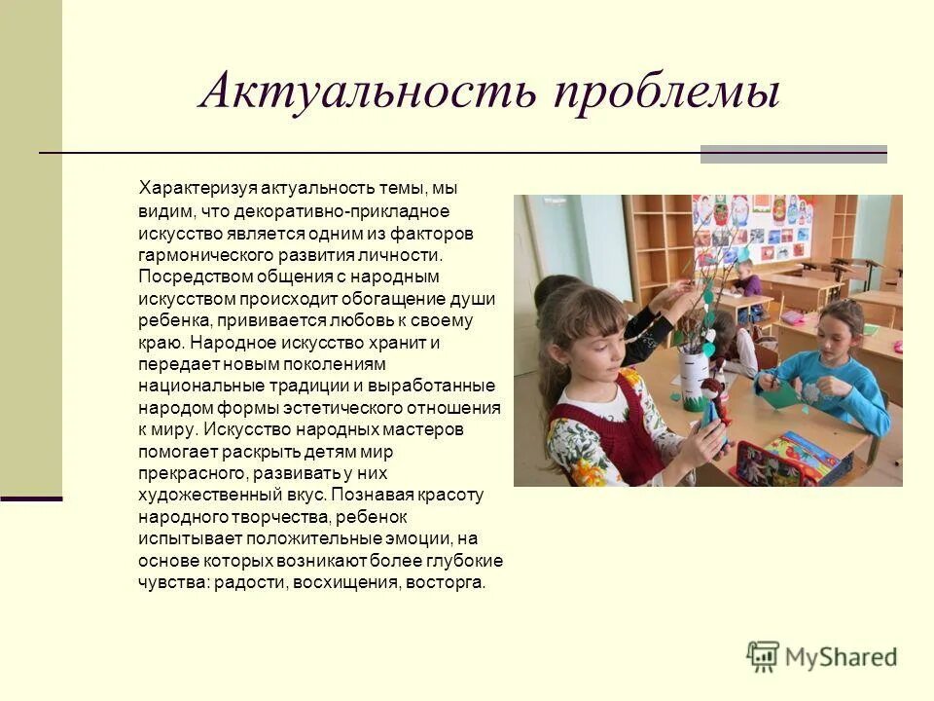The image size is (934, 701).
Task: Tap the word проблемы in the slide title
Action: coord(667,94)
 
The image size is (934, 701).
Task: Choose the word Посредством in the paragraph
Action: coord(181,277)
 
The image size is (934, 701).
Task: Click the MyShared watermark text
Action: coord(842,657)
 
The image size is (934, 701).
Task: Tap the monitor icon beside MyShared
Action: coord(764,656)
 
